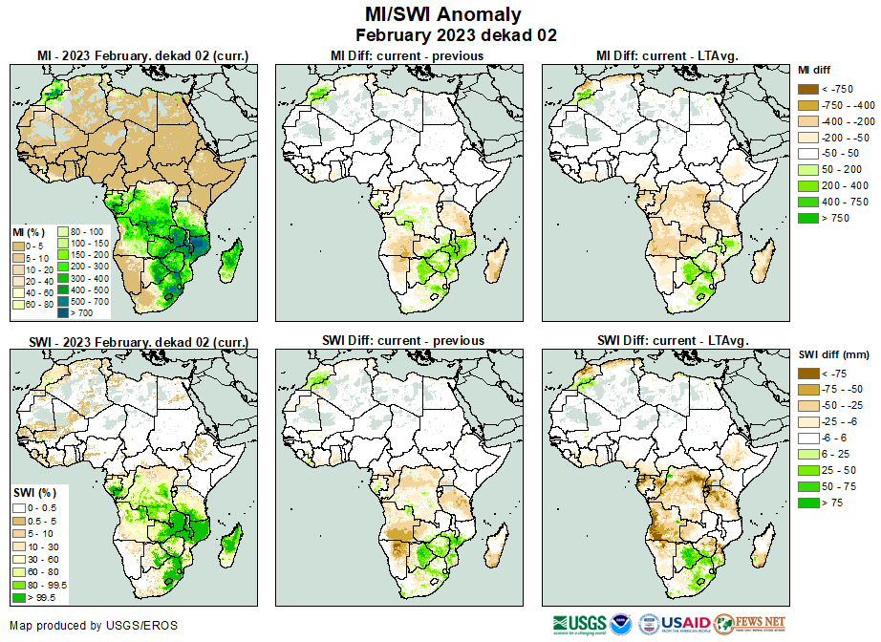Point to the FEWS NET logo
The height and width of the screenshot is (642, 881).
point(750,624)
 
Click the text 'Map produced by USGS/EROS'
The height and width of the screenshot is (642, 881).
point(94,626)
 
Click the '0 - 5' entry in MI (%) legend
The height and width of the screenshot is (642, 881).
point(18,246)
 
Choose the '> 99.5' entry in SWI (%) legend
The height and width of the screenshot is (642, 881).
point(18,598)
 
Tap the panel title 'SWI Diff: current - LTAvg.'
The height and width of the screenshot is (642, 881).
point(672,340)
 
